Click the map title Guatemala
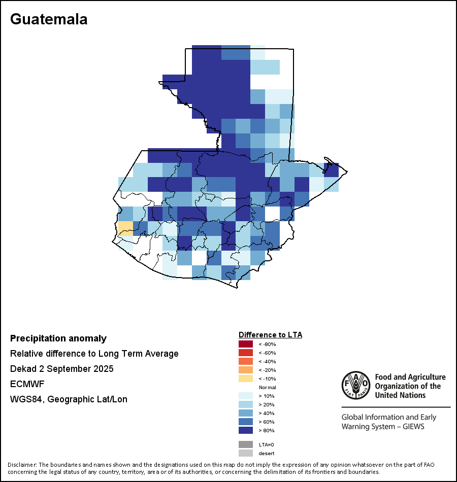(49, 19)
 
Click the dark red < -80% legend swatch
(246, 344)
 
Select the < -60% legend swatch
(246, 353)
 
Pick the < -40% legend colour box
(246, 361)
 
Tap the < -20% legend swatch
(246, 370)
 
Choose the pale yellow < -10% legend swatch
(246, 378)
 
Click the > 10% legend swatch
(246, 396)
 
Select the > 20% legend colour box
(246, 404)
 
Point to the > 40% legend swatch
(246, 413)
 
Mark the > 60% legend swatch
(246, 422)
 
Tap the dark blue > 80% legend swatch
(246, 430)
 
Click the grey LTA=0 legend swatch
(246, 444)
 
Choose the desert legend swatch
(246, 453)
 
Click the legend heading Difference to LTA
(270, 335)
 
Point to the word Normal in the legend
(267, 387)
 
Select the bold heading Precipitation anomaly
(58, 338)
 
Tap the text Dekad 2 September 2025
(62, 369)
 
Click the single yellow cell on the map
(125, 229)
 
